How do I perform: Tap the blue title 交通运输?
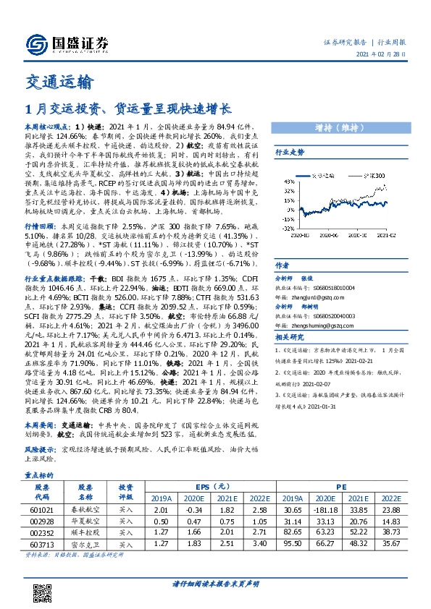59,82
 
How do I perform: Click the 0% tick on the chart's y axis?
285,210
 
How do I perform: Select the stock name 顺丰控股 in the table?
85,532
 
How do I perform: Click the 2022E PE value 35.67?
390,544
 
